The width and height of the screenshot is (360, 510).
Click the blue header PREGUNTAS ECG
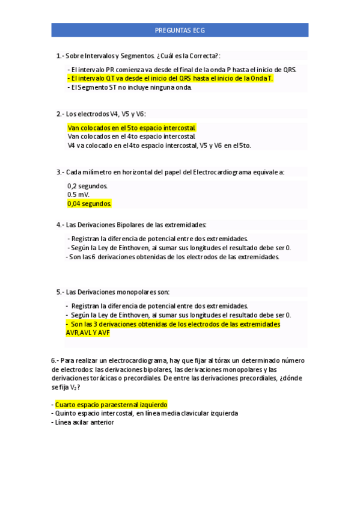click(x=180, y=30)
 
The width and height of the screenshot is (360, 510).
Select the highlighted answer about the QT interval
click(x=170, y=78)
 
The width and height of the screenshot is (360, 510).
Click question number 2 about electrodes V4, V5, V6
click(x=101, y=114)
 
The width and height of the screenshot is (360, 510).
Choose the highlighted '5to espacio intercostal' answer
click(x=132, y=127)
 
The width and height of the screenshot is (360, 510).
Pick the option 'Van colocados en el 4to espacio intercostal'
click(x=131, y=137)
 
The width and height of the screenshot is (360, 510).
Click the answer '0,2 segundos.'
click(x=88, y=186)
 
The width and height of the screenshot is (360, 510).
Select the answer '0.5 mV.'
click(x=79, y=195)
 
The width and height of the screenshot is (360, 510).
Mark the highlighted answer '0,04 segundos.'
click(x=90, y=204)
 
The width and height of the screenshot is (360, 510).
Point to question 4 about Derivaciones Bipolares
click(x=131, y=225)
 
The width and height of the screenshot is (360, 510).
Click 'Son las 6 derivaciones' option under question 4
click(x=173, y=257)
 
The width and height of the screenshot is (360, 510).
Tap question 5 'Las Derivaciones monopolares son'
click(x=113, y=292)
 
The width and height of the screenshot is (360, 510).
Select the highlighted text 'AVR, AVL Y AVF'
click(x=88, y=333)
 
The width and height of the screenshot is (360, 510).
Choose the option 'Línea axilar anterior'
click(x=84, y=422)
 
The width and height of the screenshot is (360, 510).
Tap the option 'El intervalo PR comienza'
click(x=182, y=70)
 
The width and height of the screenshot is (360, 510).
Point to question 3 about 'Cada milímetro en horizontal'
click(x=171, y=172)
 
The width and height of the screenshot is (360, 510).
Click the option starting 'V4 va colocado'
click(x=159, y=146)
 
